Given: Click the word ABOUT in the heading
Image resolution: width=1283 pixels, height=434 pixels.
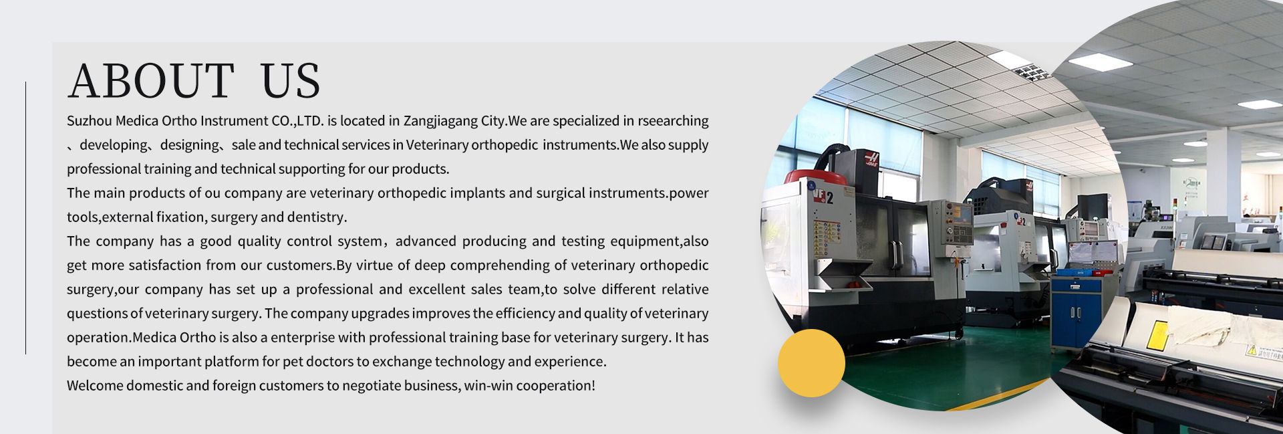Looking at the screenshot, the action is coord(151,81).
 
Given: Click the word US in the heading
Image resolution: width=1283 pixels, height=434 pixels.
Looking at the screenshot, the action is coord(291,81).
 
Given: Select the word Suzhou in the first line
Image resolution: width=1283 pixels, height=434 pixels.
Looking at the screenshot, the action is coord(89,121).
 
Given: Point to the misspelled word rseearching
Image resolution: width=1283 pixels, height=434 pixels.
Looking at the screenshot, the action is coord(673,122).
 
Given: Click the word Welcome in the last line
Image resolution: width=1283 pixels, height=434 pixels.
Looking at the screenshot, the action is coord(94,386).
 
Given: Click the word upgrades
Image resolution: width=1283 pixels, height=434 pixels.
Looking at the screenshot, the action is coord(380,314).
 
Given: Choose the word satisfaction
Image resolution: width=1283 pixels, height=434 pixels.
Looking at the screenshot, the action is coord(165,265).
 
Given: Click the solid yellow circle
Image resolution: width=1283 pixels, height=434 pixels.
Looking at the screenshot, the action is coord(811,363).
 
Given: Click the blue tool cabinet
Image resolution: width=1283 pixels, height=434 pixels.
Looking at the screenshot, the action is coord(1076,312).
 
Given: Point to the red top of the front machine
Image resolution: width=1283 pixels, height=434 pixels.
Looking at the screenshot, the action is coord(815,177).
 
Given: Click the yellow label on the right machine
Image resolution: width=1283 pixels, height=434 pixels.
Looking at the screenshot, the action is coord(1157,335).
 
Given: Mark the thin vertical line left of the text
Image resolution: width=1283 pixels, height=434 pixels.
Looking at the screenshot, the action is coord(25,217).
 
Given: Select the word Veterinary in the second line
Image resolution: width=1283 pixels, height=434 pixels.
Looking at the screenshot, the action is coord(437,145).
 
